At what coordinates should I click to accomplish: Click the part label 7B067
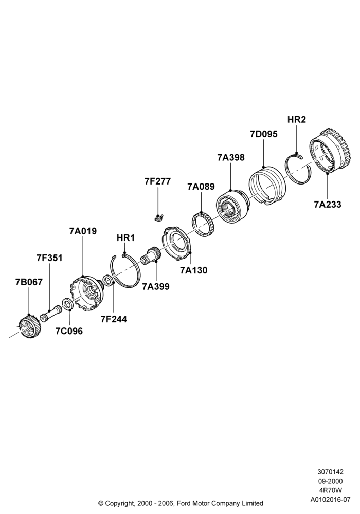click(x=29, y=282)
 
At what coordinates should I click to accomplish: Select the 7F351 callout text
click(x=49, y=258)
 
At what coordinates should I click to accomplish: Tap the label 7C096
click(x=69, y=331)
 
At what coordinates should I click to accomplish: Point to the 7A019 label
click(x=83, y=231)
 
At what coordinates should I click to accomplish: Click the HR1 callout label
click(x=125, y=238)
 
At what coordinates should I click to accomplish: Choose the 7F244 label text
click(x=114, y=319)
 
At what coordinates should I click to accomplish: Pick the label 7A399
click(x=156, y=286)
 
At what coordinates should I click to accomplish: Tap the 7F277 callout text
click(x=158, y=181)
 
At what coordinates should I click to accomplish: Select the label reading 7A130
click(x=193, y=270)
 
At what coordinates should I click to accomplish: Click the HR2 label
click(x=296, y=120)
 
